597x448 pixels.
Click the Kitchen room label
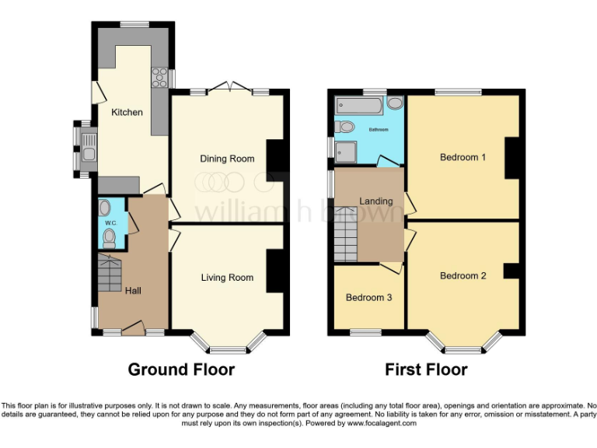click(127, 112)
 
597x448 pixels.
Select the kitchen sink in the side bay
click(89, 151)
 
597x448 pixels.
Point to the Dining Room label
click(227, 159)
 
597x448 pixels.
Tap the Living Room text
click(227, 278)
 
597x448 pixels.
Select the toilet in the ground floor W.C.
click(110, 238)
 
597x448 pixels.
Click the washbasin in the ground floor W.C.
click(105, 208)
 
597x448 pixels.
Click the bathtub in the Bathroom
click(359, 104)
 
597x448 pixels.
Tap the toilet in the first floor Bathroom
click(345, 127)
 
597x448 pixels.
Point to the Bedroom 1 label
click(463, 157)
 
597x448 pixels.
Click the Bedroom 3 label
click(369, 298)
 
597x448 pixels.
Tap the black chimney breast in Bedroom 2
click(511, 271)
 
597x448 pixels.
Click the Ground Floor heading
click(181, 369)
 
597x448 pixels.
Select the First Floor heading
click(426, 369)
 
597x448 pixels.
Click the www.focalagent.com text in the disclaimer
click(382, 424)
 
